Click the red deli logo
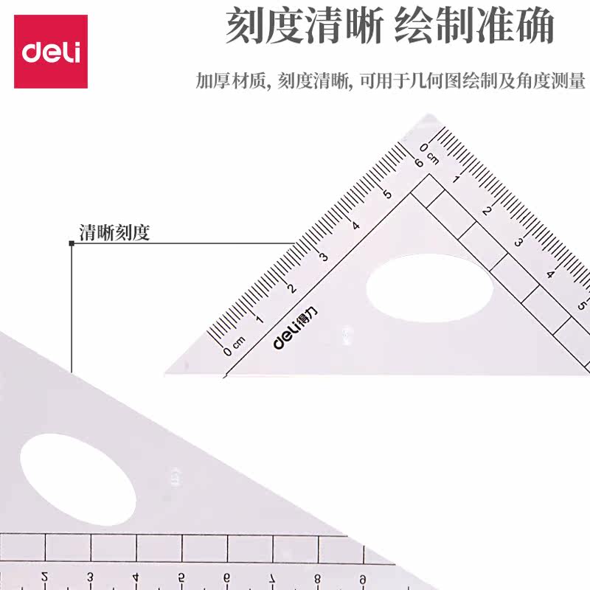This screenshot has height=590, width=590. [51, 52]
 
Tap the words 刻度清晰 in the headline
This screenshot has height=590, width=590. [304, 28]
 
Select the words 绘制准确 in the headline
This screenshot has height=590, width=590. [473, 28]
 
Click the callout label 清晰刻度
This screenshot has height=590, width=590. [114, 233]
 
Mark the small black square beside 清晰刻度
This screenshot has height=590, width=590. [72, 243]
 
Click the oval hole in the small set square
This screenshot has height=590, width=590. [429, 295]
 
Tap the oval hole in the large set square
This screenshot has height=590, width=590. [77, 479]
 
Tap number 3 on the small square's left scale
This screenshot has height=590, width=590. [322, 256]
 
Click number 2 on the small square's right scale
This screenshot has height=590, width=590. [486, 211]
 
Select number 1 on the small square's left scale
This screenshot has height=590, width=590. [258, 319]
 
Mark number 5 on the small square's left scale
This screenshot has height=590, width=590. [387, 193]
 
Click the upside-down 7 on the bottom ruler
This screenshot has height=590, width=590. [272, 577]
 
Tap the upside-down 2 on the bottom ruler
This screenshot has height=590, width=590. [45, 577]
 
